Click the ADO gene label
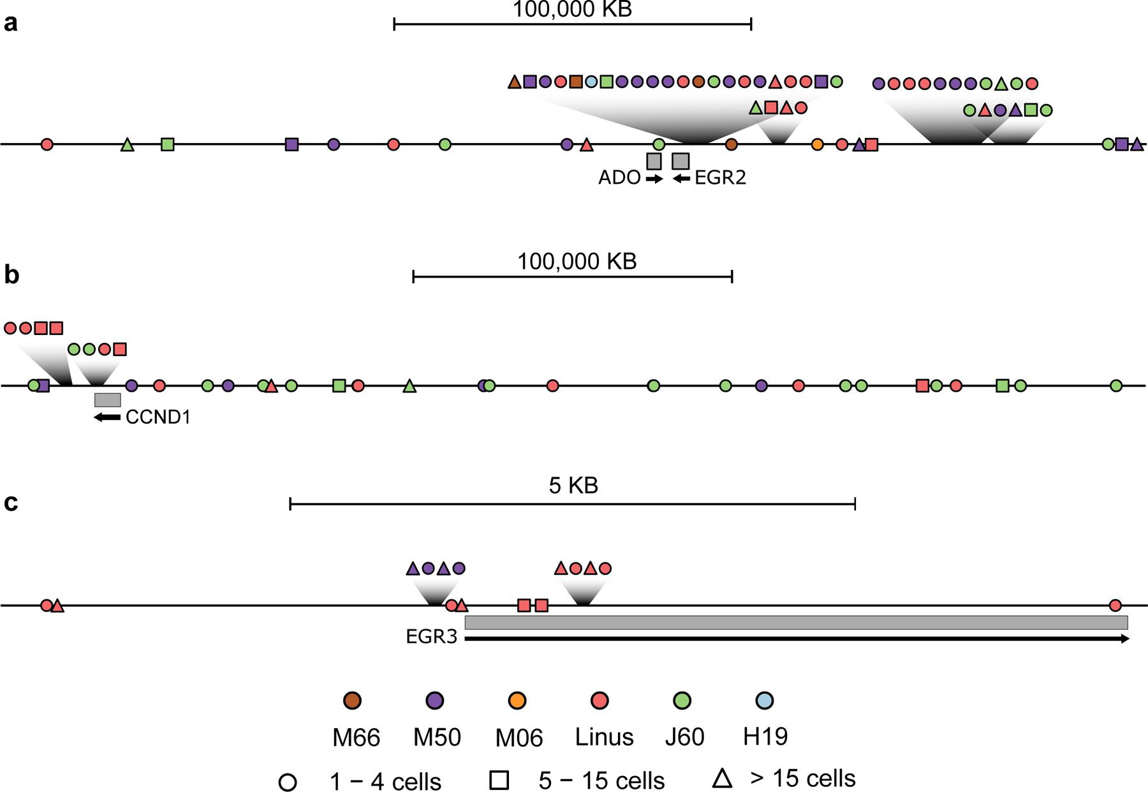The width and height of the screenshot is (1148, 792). click(619, 178)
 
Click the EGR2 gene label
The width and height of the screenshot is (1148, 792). click(720, 178)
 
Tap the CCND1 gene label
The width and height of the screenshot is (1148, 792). click(158, 418)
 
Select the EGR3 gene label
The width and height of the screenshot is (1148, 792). click(432, 638)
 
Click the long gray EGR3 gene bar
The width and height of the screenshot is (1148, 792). click(796, 622)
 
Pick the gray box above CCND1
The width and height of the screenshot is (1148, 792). click(107, 400)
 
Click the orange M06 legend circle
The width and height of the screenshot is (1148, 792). click(517, 701)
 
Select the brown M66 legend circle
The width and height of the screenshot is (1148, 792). click(352, 701)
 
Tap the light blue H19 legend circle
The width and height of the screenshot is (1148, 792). click(764, 701)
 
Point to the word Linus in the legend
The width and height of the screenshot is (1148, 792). click(604, 737)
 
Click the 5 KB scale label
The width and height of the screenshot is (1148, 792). click(573, 486)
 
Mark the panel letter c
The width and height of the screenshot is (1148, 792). click(11, 503)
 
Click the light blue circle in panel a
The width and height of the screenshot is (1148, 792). click(591, 82)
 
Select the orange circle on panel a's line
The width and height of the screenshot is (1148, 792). click(817, 145)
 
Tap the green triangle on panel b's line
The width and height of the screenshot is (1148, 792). click(409, 386)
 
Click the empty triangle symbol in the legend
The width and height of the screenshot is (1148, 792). click(722, 779)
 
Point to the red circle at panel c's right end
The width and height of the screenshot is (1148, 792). click(1115, 605)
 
